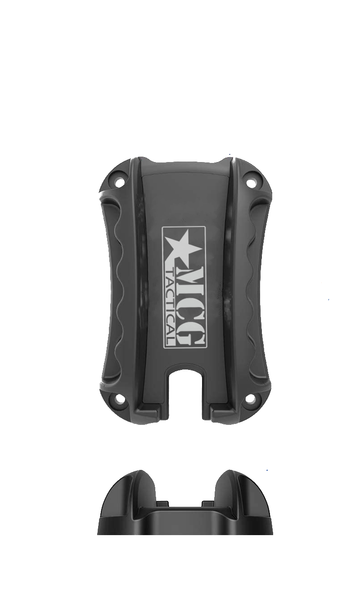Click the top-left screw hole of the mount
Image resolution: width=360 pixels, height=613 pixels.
pyautogui.click(x=120, y=182)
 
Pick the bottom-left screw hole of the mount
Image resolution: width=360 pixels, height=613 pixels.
pyautogui.click(x=119, y=399)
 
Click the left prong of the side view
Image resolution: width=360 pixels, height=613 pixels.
pyautogui.click(x=135, y=491)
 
